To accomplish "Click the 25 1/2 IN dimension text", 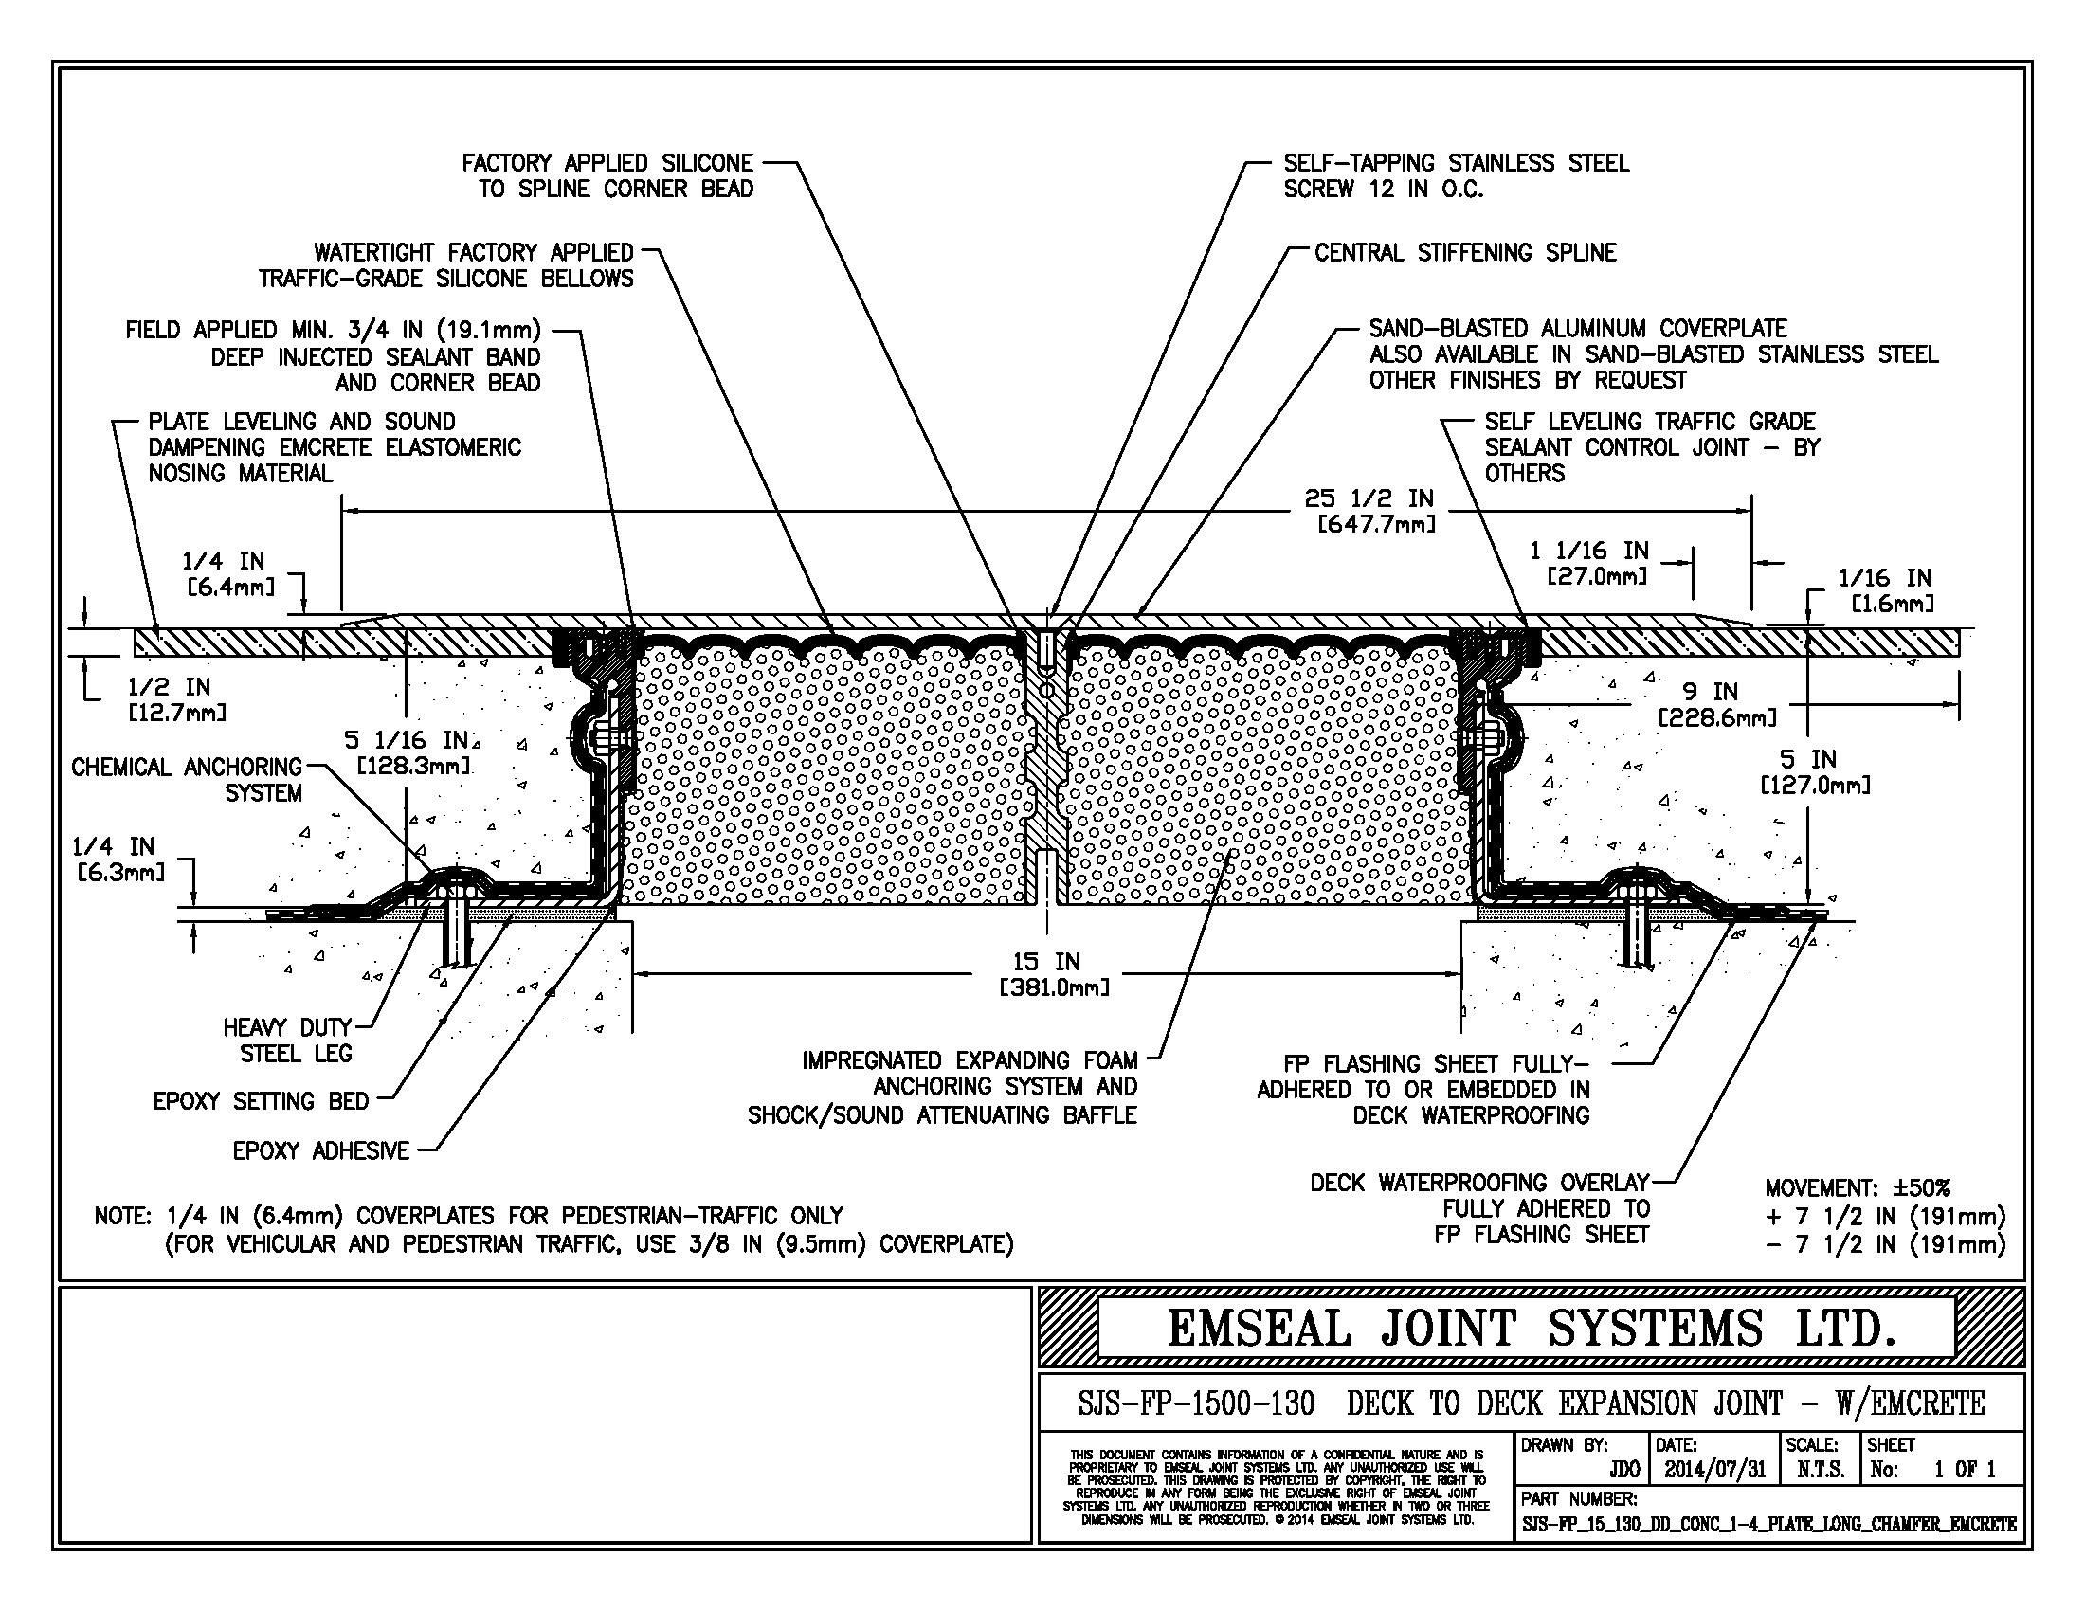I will pyautogui.click(x=1370, y=499).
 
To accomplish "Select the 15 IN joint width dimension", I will pyautogui.click(x=1046, y=962).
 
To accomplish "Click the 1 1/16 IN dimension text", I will pyautogui.click(x=1588, y=551).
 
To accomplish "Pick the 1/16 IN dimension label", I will pyautogui.click(x=1884, y=578).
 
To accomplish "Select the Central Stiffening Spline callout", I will pyautogui.click(x=1465, y=253).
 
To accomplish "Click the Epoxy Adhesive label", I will pyautogui.click(x=320, y=1151).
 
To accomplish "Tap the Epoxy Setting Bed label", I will pyautogui.click(x=261, y=1101).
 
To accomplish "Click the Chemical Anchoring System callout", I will pyautogui.click(x=187, y=780).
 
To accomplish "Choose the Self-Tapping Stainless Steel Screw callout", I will pyautogui.click(x=1456, y=175).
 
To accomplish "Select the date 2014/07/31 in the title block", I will pyautogui.click(x=1714, y=1470).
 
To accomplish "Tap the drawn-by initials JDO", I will pyautogui.click(x=1623, y=1470).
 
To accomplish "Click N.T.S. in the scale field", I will pyautogui.click(x=1821, y=1470).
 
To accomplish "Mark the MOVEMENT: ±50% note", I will pyautogui.click(x=1857, y=1188).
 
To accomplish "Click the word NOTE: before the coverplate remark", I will pyautogui.click(x=122, y=1217).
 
